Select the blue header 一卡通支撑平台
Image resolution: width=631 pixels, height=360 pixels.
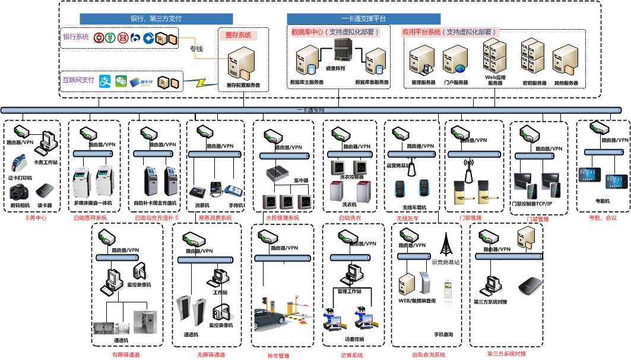click(363, 19)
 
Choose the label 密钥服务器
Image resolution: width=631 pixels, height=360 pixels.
click(534, 83)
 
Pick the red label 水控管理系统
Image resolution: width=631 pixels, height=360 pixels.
click(282, 218)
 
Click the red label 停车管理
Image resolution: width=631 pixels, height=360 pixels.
click(278, 356)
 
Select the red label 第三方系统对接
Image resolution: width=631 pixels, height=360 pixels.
click(506, 354)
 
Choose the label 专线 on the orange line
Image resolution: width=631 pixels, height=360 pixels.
click(196, 49)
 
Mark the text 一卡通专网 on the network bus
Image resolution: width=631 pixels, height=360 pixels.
click(310, 110)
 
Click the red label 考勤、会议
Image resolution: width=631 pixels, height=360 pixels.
click(603, 218)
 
